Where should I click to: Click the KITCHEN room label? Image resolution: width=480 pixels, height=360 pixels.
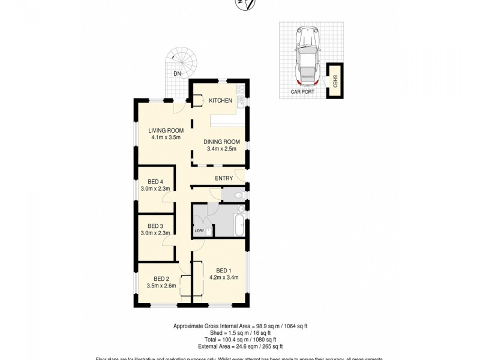(220, 100)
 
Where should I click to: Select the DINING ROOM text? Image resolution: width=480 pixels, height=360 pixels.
(221, 142)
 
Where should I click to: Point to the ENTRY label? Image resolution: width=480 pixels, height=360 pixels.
(224, 178)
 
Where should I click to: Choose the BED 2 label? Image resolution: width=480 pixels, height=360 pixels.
(161, 278)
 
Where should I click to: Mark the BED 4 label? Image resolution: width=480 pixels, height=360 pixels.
(155, 182)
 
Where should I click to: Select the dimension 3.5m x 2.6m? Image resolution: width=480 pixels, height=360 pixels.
(161, 286)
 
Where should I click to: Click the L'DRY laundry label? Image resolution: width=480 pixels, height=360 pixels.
(199, 232)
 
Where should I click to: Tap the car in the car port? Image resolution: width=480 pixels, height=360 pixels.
(308, 56)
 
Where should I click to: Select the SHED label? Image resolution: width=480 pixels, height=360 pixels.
(335, 80)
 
